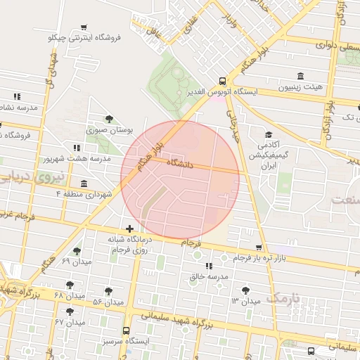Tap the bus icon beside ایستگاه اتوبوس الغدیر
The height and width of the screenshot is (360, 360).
tap(222, 81)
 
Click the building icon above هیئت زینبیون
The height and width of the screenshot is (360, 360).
tap(302, 76)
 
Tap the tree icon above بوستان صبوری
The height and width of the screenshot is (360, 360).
tap(108, 119)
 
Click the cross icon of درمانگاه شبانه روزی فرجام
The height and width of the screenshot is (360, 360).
tap(129, 229)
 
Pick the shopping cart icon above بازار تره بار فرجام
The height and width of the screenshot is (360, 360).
tap(259, 247)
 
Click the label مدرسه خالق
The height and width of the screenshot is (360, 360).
tap(209, 277)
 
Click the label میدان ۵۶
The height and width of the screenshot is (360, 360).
tap(108, 302)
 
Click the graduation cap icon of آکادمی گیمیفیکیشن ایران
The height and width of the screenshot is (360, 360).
tap(268, 135)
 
